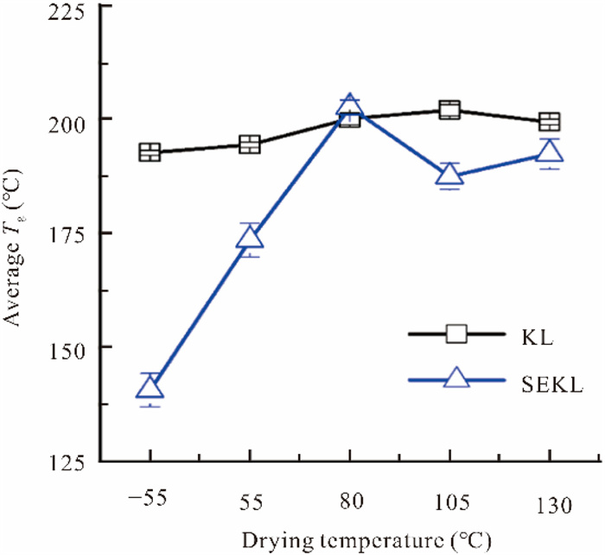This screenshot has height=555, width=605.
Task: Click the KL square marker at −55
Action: point(150,153)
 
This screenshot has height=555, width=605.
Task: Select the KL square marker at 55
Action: point(250,144)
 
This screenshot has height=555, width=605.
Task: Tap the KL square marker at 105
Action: point(449,110)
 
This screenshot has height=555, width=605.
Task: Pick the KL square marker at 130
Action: point(550,121)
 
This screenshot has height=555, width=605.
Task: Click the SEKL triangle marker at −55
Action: point(150,388)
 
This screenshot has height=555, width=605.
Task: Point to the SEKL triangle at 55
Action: point(250,239)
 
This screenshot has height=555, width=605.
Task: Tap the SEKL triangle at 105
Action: point(449,175)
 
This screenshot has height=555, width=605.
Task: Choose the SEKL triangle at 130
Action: point(550,152)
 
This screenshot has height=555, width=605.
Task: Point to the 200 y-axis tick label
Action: point(68,119)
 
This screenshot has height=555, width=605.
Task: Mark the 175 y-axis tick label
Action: point(68,233)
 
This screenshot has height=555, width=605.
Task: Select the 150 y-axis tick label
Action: point(68,348)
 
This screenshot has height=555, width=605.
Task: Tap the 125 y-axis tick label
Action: point(68,461)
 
